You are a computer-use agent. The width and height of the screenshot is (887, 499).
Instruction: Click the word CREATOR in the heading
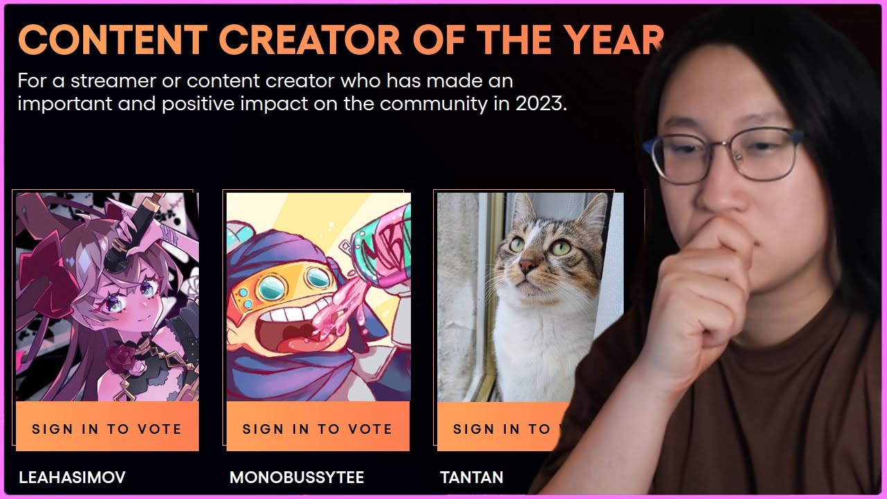point(310,40)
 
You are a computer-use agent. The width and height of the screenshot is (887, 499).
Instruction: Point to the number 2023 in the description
point(541,103)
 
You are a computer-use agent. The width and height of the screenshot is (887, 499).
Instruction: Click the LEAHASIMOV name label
point(72,478)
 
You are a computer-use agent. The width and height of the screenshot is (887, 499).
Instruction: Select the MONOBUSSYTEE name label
point(297,478)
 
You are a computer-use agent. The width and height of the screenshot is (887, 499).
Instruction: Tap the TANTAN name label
point(472,478)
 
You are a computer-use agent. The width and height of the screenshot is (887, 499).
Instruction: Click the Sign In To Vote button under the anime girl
point(107,426)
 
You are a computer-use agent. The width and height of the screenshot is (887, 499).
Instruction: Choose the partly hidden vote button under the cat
point(504,426)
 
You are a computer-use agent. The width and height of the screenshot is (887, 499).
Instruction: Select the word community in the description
point(433,104)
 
